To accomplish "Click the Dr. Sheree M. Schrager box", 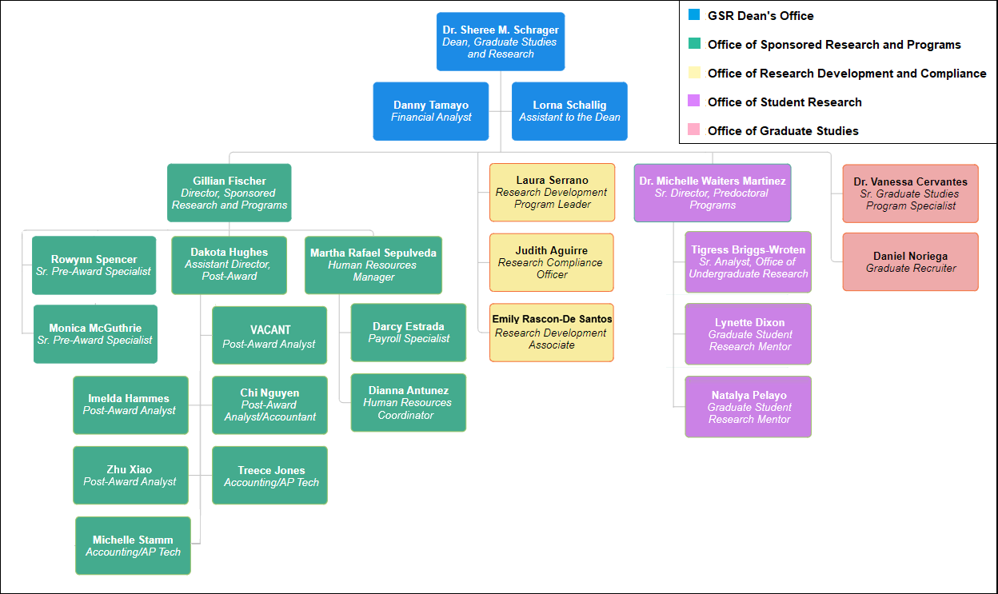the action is click(x=501, y=42).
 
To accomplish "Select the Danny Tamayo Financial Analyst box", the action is click(x=431, y=111).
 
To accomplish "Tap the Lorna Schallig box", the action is click(x=569, y=111).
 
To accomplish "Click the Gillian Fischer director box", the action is click(x=229, y=193).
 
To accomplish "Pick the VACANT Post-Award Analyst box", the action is click(x=269, y=335).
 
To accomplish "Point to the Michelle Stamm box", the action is click(x=133, y=545).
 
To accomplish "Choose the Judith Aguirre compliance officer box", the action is click(x=552, y=262).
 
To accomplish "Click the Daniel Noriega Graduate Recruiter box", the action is click(x=910, y=261).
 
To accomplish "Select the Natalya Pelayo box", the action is click(x=748, y=407).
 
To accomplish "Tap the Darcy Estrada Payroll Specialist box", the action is click(x=408, y=333).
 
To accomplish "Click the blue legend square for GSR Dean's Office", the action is click(x=694, y=14).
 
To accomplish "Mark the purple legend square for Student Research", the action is click(x=694, y=101).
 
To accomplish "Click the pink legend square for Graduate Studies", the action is click(x=694, y=130).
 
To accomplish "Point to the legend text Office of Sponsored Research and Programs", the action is click(x=834, y=45).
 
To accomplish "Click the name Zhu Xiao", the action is click(x=130, y=469).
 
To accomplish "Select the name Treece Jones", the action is click(x=271, y=470).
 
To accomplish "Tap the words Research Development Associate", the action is click(x=551, y=339).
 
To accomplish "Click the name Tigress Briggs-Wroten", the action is click(x=748, y=249).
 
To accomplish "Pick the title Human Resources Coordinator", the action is click(x=407, y=409).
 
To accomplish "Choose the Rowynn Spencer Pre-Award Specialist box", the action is click(x=94, y=265).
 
